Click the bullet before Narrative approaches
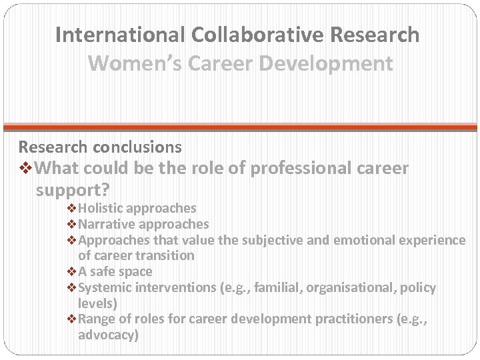tap(73, 225)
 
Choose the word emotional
tap(373, 240)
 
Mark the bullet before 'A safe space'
tap(73, 272)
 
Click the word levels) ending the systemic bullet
tap(97, 303)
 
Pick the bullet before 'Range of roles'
tap(73, 319)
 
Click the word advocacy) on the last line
tap(108, 335)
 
